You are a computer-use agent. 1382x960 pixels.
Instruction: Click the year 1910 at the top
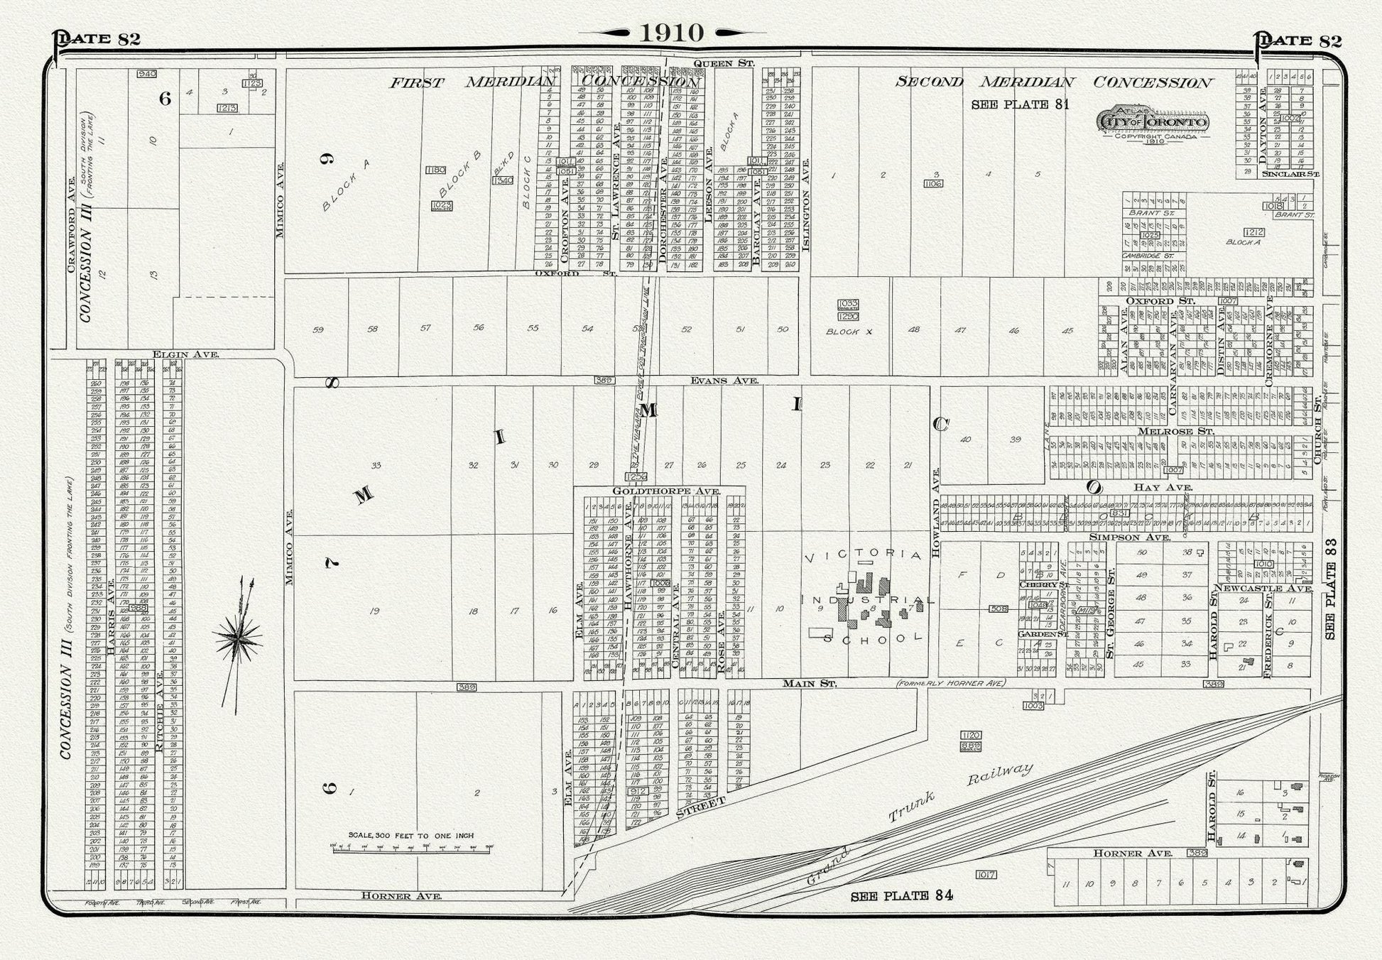(x=671, y=33)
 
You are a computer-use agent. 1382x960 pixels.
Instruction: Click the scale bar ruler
(x=412, y=848)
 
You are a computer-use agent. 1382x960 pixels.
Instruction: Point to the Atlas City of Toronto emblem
(x=1154, y=122)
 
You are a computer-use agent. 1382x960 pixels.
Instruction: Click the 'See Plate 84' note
(x=901, y=895)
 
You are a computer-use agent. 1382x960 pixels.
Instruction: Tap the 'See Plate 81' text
(x=1020, y=104)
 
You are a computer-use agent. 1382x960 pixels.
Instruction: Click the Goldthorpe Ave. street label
(x=666, y=491)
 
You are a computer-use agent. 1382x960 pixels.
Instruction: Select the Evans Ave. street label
(x=724, y=381)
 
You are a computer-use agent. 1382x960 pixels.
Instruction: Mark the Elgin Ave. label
(x=185, y=354)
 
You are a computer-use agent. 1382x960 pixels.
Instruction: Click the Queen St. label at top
(x=723, y=63)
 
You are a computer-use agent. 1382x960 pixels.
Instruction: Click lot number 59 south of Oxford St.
(x=318, y=329)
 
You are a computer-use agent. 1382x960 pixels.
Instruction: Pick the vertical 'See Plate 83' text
(x=1331, y=589)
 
